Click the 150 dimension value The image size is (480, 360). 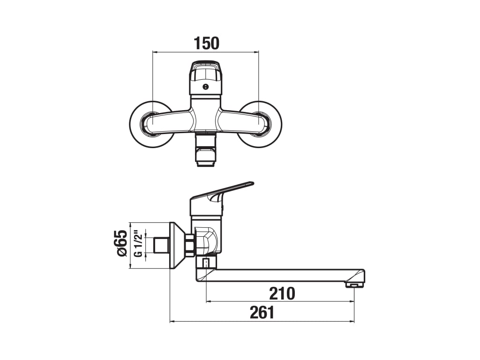(x=206, y=43)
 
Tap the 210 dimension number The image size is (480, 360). (x=282, y=293)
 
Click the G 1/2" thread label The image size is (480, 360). (x=138, y=244)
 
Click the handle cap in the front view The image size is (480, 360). (x=205, y=75)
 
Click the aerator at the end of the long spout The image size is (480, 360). (x=354, y=284)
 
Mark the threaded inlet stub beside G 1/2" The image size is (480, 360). (x=161, y=244)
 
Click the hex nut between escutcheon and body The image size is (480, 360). (x=190, y=245)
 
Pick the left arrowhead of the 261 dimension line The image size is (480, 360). (x=172, y=321)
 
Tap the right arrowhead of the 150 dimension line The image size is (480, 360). (x=256, y=52)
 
